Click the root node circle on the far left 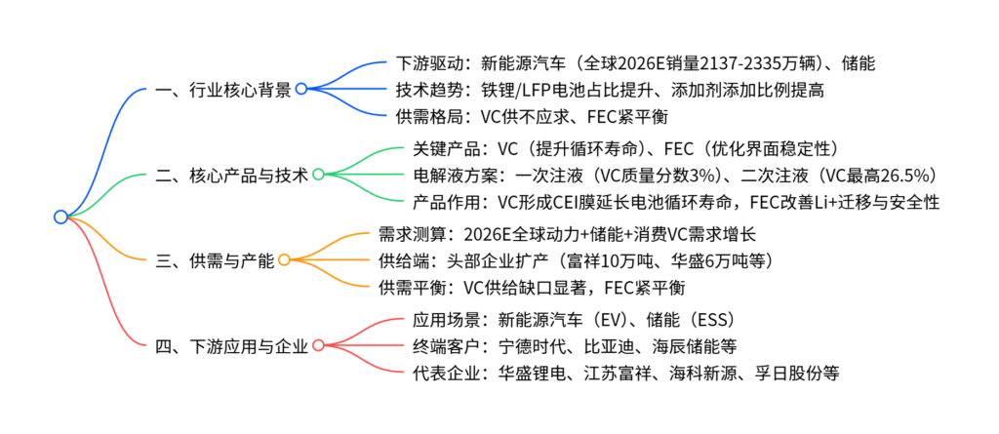click(60, 217)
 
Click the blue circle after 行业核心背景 click(301, 89)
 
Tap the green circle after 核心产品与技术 click(318, 175)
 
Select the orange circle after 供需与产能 click(284, 259)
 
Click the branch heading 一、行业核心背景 click(222, 89)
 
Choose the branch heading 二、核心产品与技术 click(231, 175)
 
